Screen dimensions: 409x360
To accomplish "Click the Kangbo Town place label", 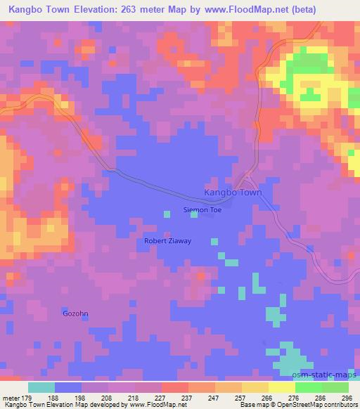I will [232, 193].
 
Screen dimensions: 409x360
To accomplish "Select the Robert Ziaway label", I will [167, 240].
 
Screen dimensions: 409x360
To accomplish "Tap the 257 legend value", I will [240, 398].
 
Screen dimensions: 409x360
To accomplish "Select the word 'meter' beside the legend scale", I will [11, 398].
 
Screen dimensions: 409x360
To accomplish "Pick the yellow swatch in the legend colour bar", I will [281, 387].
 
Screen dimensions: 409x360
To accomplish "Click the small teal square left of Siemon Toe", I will [167, 213].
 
